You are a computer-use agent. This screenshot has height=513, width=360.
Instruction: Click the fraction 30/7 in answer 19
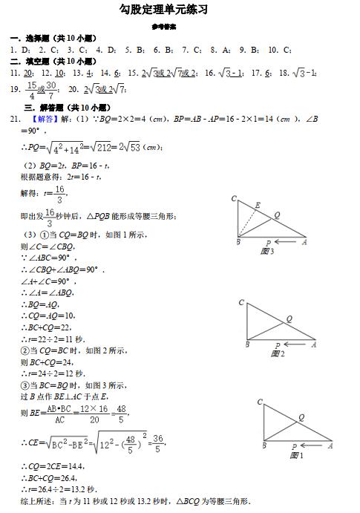pos(51,91)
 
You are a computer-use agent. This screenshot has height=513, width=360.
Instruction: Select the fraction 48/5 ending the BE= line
pos(122,412)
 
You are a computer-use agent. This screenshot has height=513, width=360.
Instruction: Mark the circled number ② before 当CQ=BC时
pos(24,350)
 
